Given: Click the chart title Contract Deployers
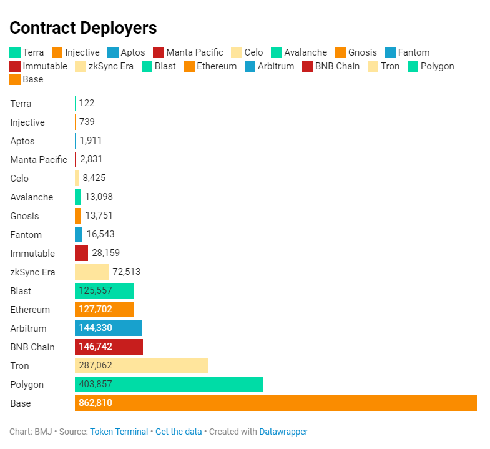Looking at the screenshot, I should tap(83, 28).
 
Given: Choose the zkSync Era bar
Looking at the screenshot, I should tap(92, 272).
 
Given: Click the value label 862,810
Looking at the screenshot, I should tap(96, 403).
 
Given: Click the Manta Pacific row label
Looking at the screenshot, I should tap(39, 160).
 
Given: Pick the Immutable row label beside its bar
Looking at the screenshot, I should tap(32, 254).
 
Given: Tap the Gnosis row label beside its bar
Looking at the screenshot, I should tap(24, 216).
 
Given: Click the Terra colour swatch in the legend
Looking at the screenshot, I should tap(15, 52).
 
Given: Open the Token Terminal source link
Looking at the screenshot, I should tap(119, 432).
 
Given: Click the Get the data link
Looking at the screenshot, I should tap(179, 432).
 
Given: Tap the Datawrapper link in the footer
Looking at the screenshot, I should tap(283, 432).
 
